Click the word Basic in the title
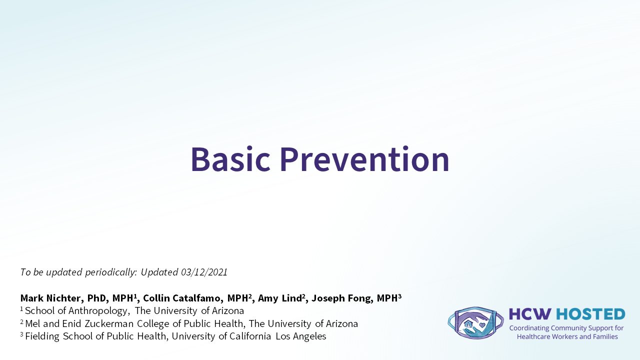[230, 159]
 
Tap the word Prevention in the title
[365, 159]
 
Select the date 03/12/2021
[204, 272]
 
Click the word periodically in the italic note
[111, 272]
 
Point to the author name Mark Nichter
[50, 298]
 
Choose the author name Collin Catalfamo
[182, 298]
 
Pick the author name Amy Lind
[279, 298]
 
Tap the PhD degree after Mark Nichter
[97, 298]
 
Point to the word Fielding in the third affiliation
[42, 336]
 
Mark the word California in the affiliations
[250, 336]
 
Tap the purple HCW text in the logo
[530, 314]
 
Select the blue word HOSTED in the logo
[590, 314]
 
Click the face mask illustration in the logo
[475, 323]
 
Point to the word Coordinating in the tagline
[529, 328]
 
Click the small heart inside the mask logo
[482, 325]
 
